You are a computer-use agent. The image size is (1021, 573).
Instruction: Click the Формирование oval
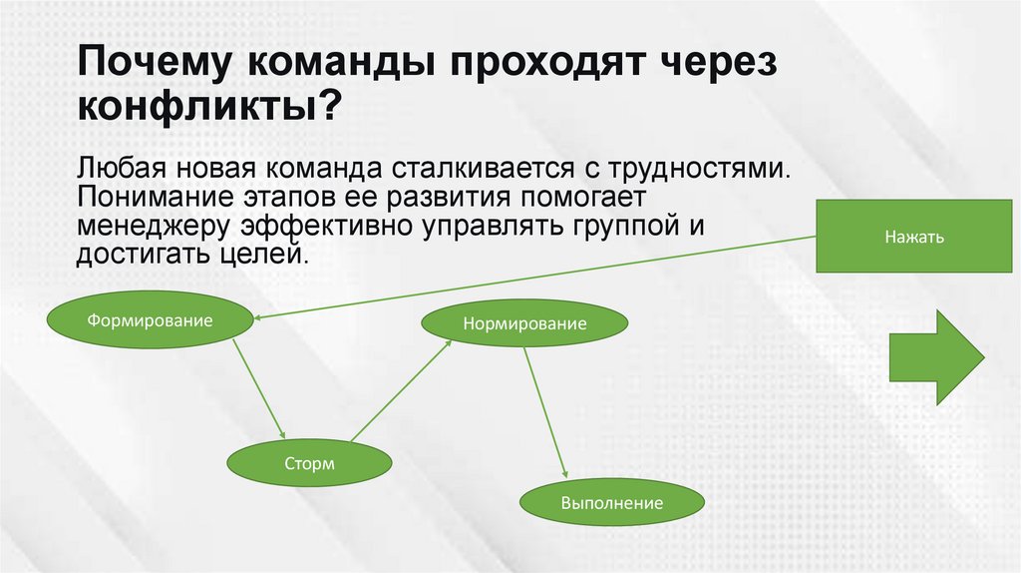coord(151,320)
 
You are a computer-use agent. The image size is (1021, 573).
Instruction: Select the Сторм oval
coord(309,463)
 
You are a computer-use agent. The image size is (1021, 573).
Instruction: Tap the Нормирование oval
coord(524,324)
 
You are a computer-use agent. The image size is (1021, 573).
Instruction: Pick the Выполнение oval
coord(612,502)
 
